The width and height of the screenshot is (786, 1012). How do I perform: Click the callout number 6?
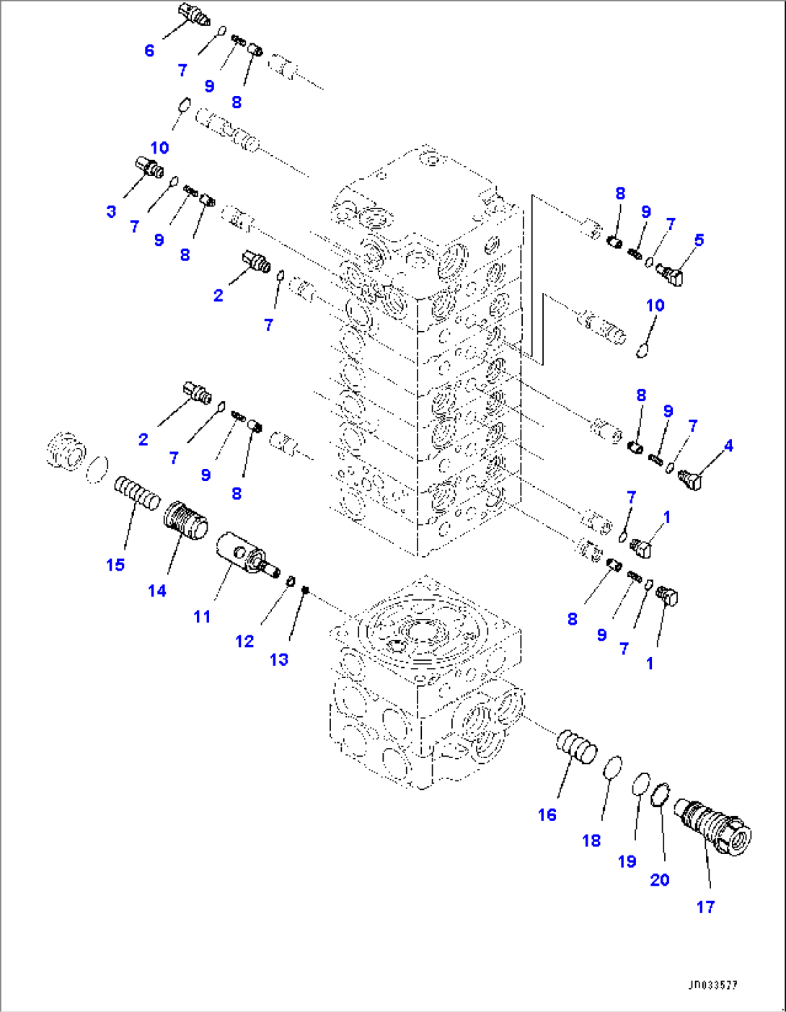tap(149, 50)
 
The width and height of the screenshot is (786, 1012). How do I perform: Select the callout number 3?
tap(111, 211)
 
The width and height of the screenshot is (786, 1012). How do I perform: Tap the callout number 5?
tap(699, 239)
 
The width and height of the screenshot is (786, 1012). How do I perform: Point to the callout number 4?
tap(728, 446)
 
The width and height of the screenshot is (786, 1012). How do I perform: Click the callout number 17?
tap(705, 907)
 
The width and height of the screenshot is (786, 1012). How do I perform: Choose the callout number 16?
tap(547, 814)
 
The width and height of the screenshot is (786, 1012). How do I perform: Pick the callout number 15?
tap(115, 565)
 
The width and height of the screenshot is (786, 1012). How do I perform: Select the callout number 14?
tap(157, 591)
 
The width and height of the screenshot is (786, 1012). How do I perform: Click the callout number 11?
tap(202, 617)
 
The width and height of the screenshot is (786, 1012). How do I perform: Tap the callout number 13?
tap(279, 659)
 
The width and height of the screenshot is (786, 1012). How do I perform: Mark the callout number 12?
tap(244, 641)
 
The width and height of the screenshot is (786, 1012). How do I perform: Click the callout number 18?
tap(591, 840)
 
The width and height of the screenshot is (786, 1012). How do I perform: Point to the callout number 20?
tap(660, 879)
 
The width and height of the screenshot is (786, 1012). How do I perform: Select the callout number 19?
tap(627, 861)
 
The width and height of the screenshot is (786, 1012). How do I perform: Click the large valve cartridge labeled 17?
tap(713, 829)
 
